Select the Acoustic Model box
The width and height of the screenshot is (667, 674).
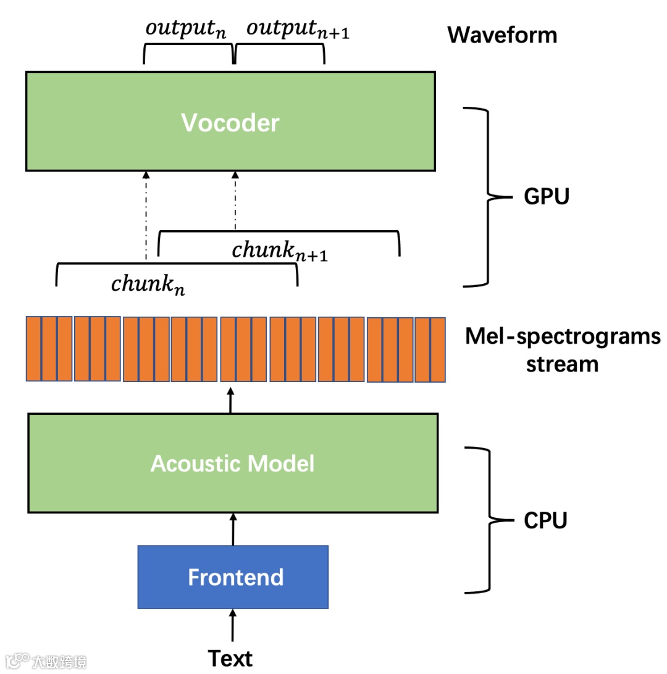click(x=232, y=463)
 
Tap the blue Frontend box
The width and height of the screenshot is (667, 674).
click(x=233, y=577)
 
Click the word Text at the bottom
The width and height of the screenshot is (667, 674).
click(x=230, y=658)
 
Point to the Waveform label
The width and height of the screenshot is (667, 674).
click(x=502, y=35)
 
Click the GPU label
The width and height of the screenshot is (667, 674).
click(x=546, y=198)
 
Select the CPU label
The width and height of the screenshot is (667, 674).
click(x=545, y=521)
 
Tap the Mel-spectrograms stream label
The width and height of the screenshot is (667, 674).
click(x=562, y=350)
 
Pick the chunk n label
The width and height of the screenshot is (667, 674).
click(x=148, y=285)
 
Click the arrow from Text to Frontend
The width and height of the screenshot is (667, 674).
click(x=233, y=626)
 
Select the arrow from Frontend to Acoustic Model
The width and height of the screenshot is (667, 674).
click(x=233, y=529)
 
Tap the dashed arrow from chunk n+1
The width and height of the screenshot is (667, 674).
click(x=235, y=201)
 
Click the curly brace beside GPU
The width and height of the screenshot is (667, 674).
click(x=488, y=198)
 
